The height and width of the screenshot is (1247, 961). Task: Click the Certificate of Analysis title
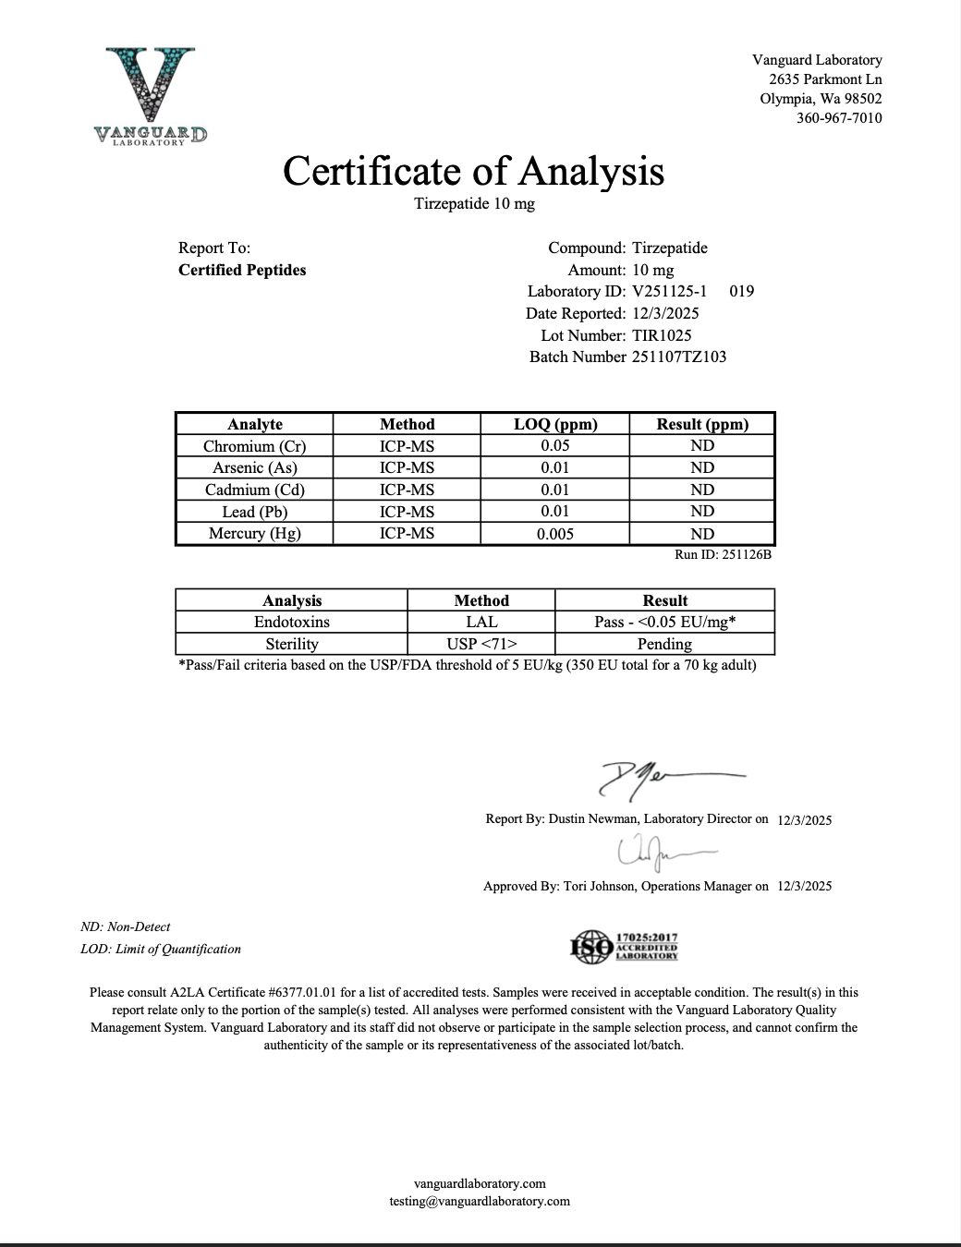(473, 171)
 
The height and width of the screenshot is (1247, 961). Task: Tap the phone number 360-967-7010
(839, 118)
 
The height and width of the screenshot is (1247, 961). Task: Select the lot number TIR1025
(662, 335)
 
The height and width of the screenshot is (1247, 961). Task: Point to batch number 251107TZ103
(679, 357)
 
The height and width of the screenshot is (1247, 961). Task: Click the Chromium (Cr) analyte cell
(254, 446)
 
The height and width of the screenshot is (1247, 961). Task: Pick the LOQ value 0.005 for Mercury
(555, 534)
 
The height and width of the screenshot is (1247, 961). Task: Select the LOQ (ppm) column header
(555, 425)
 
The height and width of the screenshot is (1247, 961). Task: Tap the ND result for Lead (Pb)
(702, 512)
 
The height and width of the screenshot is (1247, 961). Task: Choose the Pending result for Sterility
(664, 645)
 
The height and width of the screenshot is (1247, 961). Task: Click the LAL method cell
(481, 623)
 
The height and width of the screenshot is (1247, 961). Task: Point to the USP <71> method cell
(481, 645)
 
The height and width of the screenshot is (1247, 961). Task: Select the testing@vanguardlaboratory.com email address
(480, 1202)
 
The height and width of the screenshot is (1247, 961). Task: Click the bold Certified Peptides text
(242, 271)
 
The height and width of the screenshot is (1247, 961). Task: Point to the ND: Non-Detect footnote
(126, 927)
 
